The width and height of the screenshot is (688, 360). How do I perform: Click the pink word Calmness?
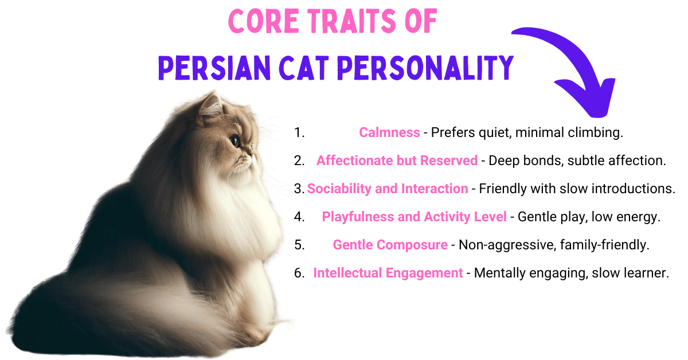(389, 132)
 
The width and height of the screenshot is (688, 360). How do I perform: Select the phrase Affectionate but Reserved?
(397, 161)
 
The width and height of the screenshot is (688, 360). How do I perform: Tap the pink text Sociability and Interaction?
(388, 189)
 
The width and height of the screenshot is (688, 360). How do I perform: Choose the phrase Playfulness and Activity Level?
(414, 217)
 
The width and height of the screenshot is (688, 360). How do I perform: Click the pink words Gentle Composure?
(390, 245)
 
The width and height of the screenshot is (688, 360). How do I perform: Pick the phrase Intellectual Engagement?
(388, 273)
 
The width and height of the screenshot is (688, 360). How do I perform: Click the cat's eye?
(235, 139)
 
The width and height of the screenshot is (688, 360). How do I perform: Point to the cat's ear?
(210, 106)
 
